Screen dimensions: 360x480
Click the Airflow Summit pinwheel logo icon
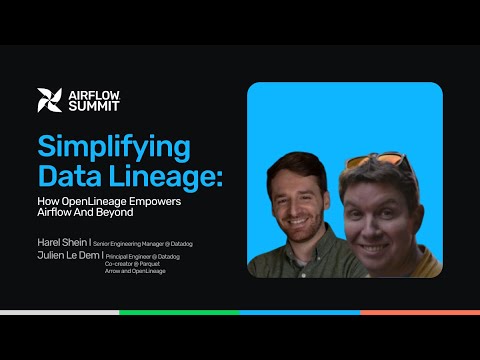coord(49,100)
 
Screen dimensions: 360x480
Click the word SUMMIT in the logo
coord(92,107)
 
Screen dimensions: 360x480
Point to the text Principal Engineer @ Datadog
coord(143,257)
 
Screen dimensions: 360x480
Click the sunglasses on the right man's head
coord(377,161)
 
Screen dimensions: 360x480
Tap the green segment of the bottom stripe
coord(179,312)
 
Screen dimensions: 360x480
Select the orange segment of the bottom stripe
coord(419,312)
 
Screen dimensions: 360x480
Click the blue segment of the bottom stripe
coord(299,312)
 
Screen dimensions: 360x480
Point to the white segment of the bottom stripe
coord(59,312)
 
